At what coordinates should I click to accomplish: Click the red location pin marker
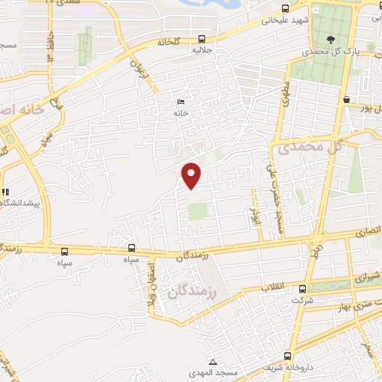point(192,175)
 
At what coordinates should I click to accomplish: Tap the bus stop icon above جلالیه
point(201,40)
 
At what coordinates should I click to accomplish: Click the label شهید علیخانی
point(279,21)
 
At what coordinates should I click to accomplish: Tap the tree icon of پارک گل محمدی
point(330,40)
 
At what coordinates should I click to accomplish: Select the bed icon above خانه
point(179,101)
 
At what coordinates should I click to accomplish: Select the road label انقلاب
point(269,287)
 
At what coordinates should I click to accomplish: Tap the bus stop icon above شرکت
point(302,289)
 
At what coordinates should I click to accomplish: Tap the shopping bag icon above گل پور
point(346,100)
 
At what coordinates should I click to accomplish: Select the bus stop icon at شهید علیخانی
point(285,10)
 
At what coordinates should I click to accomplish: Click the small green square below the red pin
point(197,211)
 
